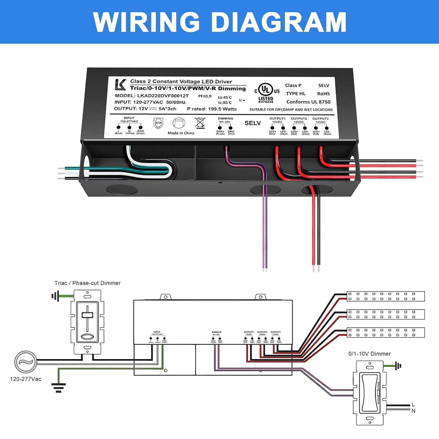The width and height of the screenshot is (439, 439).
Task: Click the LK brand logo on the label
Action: tap(120, 85)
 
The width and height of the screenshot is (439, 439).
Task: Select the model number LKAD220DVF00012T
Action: tap(163, 96)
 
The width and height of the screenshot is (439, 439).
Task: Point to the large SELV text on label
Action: tap(253, 123)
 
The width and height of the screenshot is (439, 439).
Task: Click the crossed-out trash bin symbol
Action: tap(200, 123)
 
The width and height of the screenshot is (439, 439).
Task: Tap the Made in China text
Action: tap(181, 133)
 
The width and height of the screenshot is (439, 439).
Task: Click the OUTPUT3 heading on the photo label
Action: tap(320, 119)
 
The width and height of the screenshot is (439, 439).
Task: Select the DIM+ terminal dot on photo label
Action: tap(220, 128)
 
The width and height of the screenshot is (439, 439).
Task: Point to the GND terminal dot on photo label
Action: tap(140, 127)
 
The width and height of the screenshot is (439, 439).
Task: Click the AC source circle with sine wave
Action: tap(26, 362)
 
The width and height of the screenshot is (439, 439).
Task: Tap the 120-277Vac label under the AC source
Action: tap(26, 379)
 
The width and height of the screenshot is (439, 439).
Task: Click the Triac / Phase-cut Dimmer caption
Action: tap(88, 283)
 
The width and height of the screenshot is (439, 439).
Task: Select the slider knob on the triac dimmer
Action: tap(87, 315)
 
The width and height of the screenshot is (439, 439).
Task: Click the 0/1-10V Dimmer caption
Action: tap(370, 354)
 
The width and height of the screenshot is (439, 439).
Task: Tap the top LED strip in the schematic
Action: tap(385, 296)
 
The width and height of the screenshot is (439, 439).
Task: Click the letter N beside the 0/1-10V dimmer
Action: tap(413, 411)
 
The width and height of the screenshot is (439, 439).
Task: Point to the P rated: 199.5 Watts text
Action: tap(212, 109)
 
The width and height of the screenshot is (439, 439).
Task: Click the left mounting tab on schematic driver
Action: tap(165, 297)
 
